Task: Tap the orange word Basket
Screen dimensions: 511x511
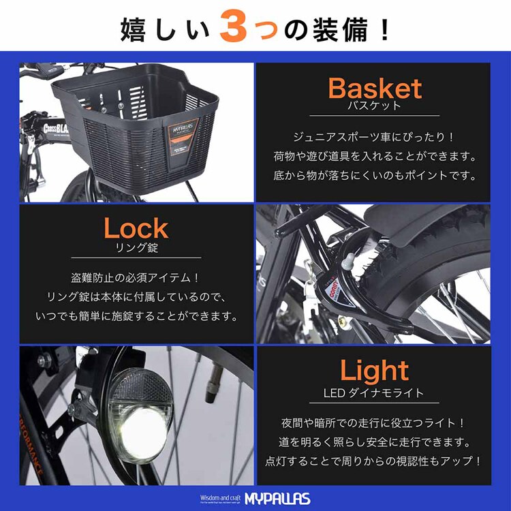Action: [375, 89]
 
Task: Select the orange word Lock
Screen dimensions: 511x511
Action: [136, 228]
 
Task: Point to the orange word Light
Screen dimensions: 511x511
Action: [375, 371]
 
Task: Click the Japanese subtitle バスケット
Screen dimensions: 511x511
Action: [375, 107]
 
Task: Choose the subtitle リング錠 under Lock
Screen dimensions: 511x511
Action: [136, 248]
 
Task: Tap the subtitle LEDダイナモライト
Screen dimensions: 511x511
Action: [374, 392]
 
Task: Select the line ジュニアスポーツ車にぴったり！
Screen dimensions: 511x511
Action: [375, 138]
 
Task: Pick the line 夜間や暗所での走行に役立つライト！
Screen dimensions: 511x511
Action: [375, 422]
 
